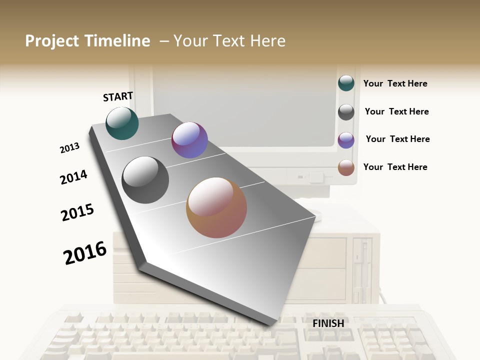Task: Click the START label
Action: (118, 96)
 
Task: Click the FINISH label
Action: (328, 323)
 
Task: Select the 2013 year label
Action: (69, 148)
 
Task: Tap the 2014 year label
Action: (73, 177)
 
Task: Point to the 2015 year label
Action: (77, 212)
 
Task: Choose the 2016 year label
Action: (85, 252)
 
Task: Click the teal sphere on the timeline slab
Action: (122, 123)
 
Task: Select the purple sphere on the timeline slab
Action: (189, 140)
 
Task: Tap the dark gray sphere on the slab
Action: (145, 180)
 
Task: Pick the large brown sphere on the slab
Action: (216, 207)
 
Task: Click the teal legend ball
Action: (346, 83)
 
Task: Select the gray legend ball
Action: (346, 112)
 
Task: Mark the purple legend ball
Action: (346, 140)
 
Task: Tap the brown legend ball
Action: (346, 167)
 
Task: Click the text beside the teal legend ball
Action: (395, 83)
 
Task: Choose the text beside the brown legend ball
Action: (395, 167)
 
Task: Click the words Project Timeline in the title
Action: (87, 41)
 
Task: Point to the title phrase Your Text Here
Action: (229, 41)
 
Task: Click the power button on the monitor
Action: (315, 177)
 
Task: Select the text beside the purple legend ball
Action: (397, 139)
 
